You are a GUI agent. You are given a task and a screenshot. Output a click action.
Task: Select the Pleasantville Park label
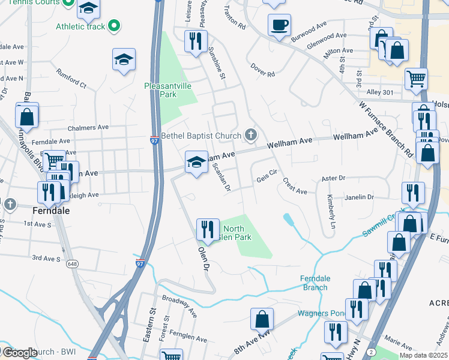pos(168,90)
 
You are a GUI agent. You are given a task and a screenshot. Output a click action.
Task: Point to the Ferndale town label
pos(51,211)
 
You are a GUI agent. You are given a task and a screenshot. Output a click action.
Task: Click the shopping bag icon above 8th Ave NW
pos(262,319)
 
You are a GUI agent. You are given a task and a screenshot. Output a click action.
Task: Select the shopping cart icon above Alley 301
pos(416,78)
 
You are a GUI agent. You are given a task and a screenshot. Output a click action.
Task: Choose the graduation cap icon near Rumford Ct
pos(124,59)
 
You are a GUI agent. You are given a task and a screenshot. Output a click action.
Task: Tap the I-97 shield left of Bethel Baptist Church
pos(154,140)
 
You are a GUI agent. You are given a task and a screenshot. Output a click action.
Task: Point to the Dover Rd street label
pos(263,70)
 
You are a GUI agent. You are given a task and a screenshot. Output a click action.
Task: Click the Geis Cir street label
pos(267,171)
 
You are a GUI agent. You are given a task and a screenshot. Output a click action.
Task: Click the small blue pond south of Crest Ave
pos(289,220)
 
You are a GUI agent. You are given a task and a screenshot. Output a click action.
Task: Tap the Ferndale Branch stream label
pos(314,283)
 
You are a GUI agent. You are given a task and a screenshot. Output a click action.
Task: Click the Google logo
pos(19,352)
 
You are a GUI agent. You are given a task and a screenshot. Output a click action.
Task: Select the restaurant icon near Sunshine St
pos(196,41)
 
